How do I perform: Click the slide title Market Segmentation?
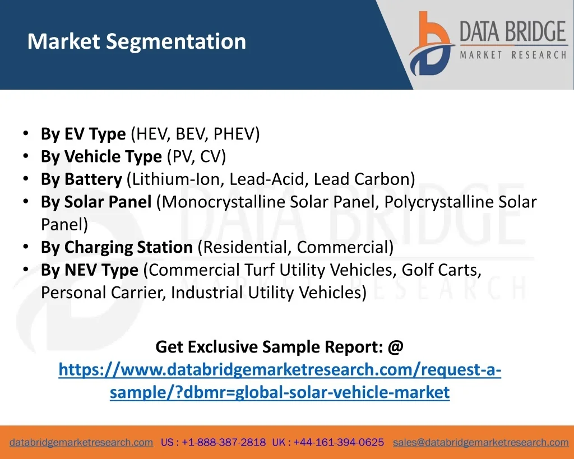137,41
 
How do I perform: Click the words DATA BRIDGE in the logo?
513,31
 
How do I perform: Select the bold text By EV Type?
83,134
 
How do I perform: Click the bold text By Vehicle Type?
101,157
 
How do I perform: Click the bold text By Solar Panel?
96,202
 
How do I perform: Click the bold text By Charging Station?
117,248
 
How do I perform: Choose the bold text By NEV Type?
90,270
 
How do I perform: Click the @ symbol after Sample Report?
395,346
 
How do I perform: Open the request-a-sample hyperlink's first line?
280,370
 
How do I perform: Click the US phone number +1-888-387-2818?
224,442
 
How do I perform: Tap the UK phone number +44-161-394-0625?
339,442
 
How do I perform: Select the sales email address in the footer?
480,443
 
